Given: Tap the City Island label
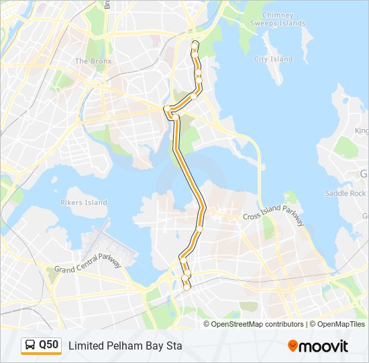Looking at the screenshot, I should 273,59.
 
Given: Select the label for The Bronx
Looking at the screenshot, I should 93,61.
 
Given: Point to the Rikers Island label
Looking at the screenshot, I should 85,202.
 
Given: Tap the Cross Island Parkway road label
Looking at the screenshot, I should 273,217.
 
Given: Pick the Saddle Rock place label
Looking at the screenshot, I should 346,193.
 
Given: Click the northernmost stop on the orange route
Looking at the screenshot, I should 195,44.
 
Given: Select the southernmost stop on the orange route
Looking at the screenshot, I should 187,288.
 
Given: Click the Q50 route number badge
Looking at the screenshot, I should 48,346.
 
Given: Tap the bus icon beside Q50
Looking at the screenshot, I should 31,346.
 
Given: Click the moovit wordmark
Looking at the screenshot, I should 324,346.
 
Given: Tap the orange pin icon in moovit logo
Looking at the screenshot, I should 293,346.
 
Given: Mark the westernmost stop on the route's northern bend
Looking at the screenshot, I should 166,108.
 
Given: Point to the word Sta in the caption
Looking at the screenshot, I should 173,346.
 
